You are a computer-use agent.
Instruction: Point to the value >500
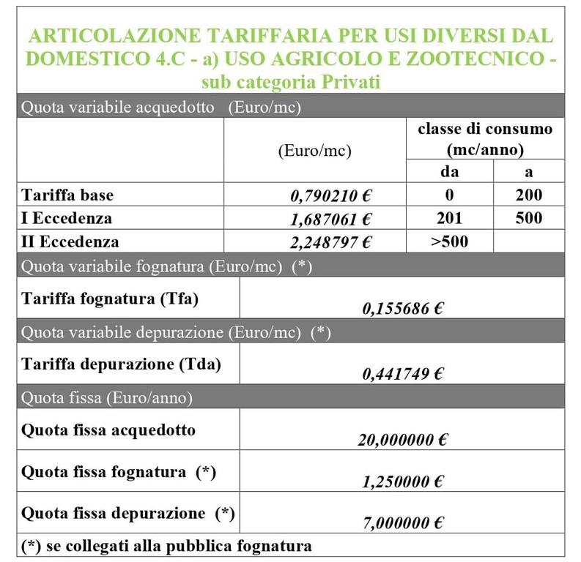pyautogui.click(x=450, y=241)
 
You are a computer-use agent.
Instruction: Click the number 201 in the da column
pyautogui.click(x=450, y=218)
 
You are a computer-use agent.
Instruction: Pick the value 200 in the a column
pyautogui.click(x=528, y=195)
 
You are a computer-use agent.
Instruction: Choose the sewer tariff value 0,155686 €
pyautogui.click(x=402, y=310)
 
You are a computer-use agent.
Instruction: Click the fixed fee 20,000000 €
pyautogui.click(x=402, y=441)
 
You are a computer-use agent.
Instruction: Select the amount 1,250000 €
pyautogui.click(x=402, y=482)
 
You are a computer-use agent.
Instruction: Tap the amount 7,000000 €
pyautogui.click(x=402, y=523)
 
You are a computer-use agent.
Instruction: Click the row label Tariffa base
pyautogui.click(x=68, y=195)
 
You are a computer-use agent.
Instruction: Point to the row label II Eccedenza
pyautogui.click(x=70, y=241)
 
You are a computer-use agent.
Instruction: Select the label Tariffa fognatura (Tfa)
pyautogui.click(x=111, y=299)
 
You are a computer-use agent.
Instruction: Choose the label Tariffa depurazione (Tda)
pyautogui.click(x=122, y=364)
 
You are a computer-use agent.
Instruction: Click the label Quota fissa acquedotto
pyautogui.click(x=109, y=430)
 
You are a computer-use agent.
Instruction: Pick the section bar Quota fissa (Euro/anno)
pyautogui.click(x=108, y=399)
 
